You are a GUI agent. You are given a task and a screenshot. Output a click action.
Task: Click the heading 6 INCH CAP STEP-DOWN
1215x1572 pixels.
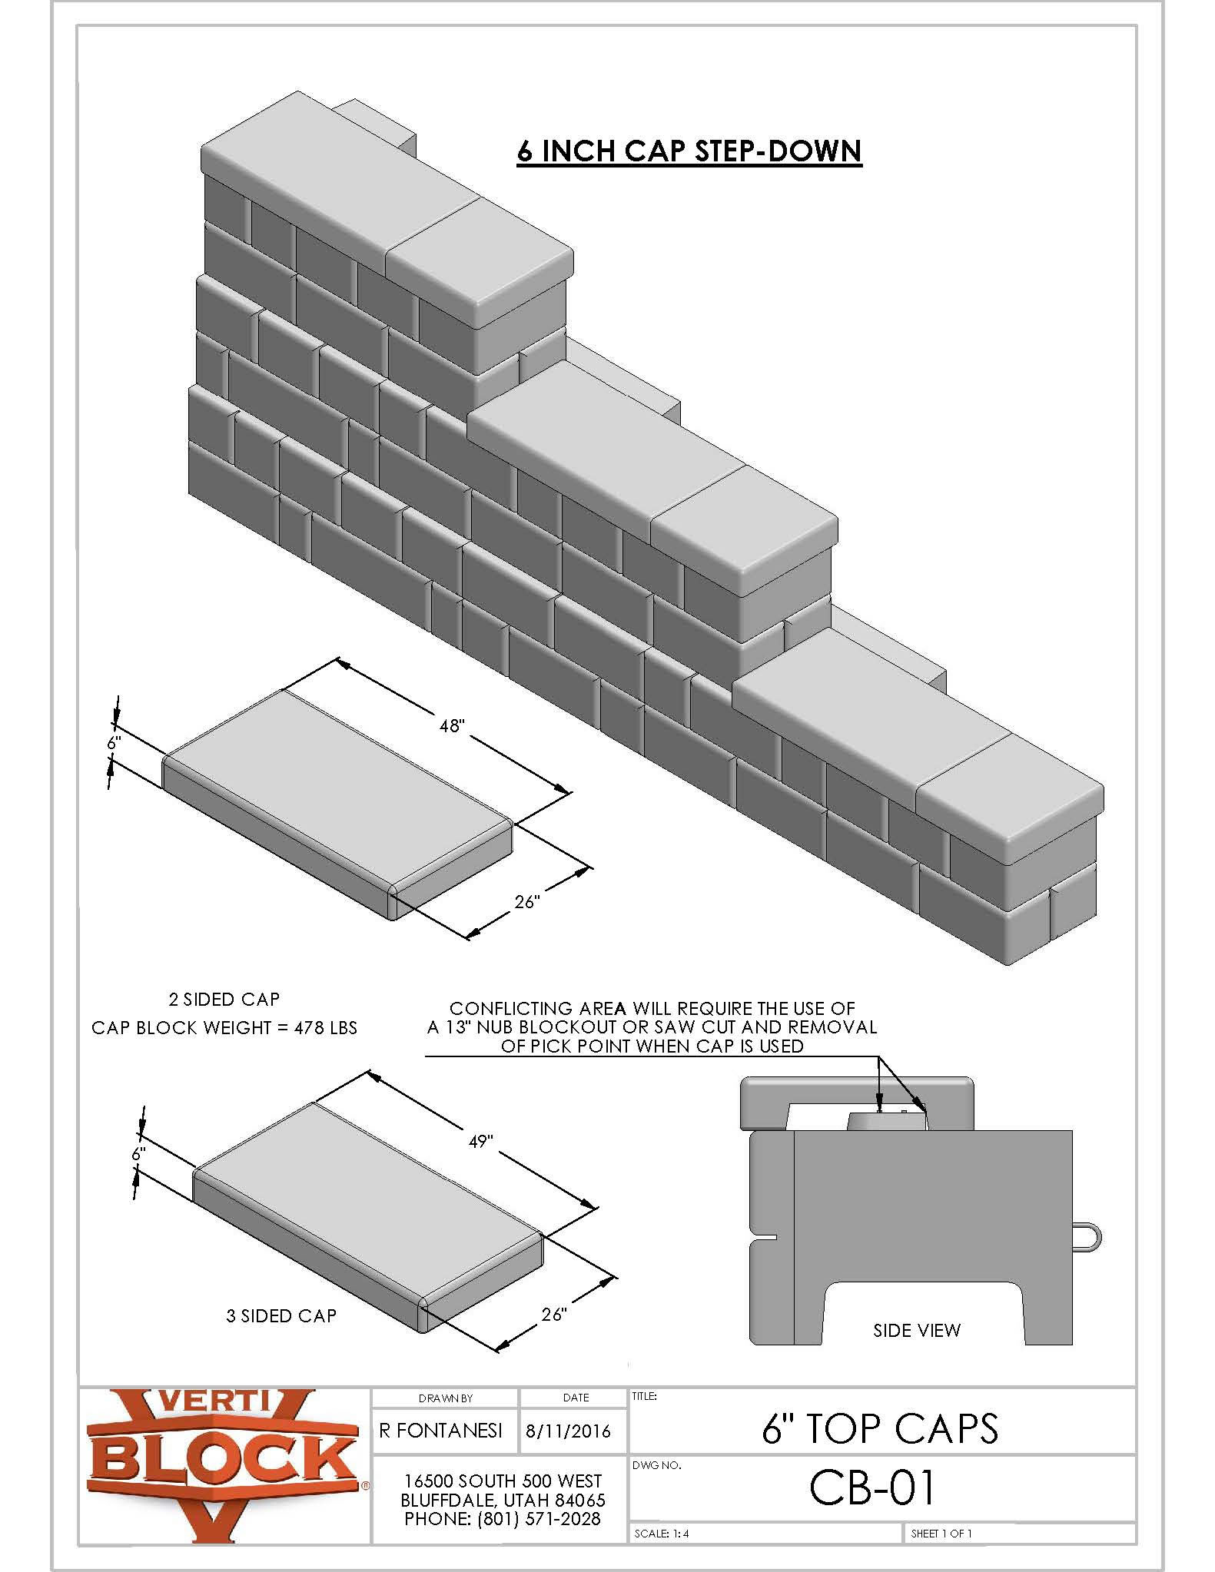coord(689,150)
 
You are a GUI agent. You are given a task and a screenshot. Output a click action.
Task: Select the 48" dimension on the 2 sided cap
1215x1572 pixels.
coord(453,725)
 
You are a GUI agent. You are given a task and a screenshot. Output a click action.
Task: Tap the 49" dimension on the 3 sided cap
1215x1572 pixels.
coord(481,1142)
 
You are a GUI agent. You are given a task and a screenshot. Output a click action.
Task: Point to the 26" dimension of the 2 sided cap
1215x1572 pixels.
coord(527,901)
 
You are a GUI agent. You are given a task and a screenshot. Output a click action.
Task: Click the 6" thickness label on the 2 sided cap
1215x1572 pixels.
coord(114,743)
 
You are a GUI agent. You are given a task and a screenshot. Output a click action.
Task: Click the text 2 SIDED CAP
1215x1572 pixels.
coord(224,999)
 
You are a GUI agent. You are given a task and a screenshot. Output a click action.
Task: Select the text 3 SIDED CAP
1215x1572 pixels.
coord(281,1316)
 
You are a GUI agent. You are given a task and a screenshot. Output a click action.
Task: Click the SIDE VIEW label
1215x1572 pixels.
coord(916,1330)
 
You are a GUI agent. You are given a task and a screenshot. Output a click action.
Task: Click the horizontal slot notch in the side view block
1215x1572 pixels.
coord(765,1238)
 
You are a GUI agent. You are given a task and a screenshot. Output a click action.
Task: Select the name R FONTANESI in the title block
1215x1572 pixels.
coord(441,1430)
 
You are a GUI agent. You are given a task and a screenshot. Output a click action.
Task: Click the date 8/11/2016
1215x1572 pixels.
coord(568,1431)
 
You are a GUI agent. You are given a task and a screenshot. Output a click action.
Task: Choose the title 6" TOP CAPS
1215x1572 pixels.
coord(879,1428)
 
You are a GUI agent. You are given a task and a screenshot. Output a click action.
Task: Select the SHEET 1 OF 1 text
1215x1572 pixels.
coord(941,1534)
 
